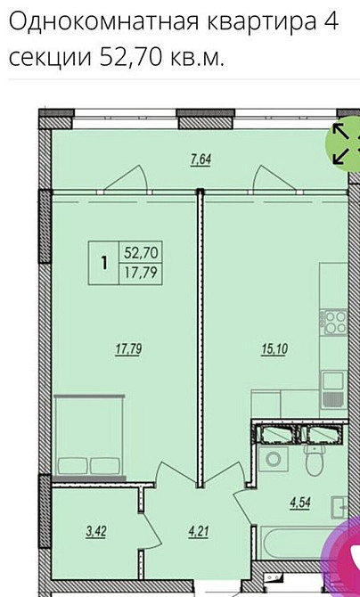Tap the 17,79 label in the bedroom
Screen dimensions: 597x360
tap(128, 350)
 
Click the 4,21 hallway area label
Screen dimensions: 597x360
tap(196, 535)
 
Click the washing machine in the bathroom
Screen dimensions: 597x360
tap(273, 462)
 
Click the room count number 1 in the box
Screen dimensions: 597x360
tap(104, 262)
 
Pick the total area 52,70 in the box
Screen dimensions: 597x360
tap(138, 254)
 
